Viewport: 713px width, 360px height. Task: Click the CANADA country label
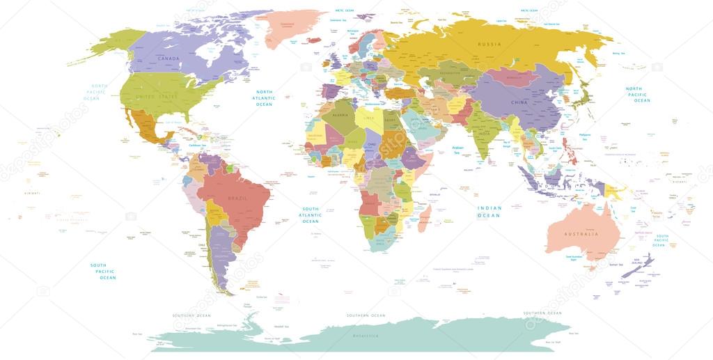(169, 58)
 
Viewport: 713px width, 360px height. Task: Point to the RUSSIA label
(489, 44)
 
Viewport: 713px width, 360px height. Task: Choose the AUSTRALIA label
(581, 234)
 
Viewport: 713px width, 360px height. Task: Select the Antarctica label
(364, 336)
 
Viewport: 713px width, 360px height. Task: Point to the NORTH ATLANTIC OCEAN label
(265, 98)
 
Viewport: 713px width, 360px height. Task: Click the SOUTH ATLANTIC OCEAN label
(310, 215)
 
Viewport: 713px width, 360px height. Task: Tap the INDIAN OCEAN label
(489, 212)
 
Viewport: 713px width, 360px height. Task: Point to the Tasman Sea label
(616, 265)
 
